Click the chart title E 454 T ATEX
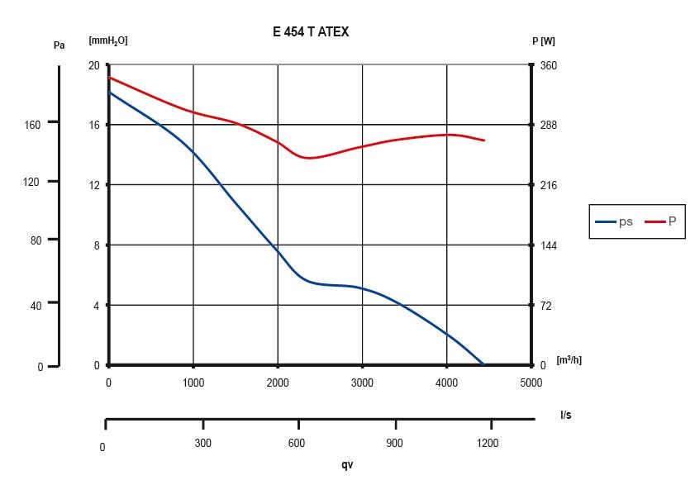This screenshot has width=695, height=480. pyautogui.click(x=310, y=32)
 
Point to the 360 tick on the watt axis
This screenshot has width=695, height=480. pyautogui.click(x=548, y=65)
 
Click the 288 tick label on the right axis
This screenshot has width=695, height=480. pyautogui.click(x=548, y=126)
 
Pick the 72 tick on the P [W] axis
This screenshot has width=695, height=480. pyautogui.click(x=545, y=306)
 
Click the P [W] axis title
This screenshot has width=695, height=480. pyautogui.click(x=544, y=40)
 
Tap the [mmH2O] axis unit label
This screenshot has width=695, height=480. pyautogui.click(x=107, y=40)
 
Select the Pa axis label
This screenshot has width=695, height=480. pyautogui.click(x=59, y=45)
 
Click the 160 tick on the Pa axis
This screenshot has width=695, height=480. pyautogui.click(x=32, y=123)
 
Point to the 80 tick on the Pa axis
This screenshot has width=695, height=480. pyautogui.click(x=35, y=240)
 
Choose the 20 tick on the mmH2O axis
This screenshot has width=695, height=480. pyautogui.click(x=93, y=65)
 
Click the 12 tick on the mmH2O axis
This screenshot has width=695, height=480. pyautogui.click(x=93, y=185)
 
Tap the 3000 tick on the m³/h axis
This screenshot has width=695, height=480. pyautogui.click(x=362, y=383)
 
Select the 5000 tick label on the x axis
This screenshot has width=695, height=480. pyautogui.click(x=531, y=383)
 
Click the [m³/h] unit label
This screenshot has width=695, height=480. pyautogui.click(x=569, y=360)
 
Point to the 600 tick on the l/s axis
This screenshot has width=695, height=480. pyautogui.click(x=296, y=443)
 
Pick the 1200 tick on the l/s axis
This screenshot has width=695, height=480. pyautogui.click(x=488, y=443)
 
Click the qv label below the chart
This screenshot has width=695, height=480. pyautogui.click(x=347, y=464)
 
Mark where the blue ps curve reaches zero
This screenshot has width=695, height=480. pyautogui.click(x=483, y=364)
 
